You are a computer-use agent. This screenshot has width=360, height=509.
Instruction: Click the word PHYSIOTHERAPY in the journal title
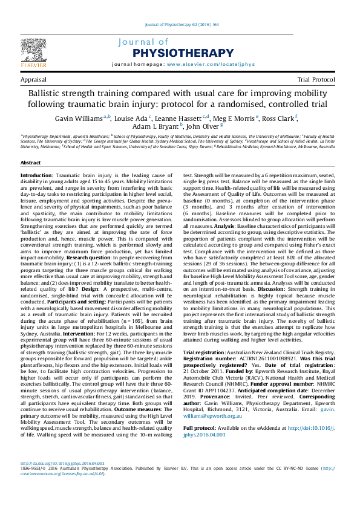175,53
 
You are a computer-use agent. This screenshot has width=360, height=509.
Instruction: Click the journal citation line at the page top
179,25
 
